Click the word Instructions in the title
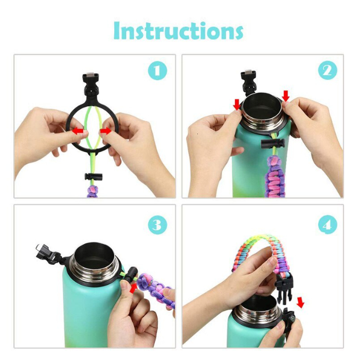click(178, 31)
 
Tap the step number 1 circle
click(157, 70)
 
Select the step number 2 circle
click(328, 70)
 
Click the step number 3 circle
click(157, 224)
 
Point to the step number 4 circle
click(328, 224)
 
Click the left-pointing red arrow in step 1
click(78, 131)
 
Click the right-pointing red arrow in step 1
click(105, 131)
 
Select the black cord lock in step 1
click(94, 177)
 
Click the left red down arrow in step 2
click(237, 104)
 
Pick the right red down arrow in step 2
click(286, 96)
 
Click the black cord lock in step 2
click(273, 143)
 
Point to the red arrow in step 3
click(133, 288)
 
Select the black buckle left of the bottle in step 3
click(49, 254)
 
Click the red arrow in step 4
click(300, 303)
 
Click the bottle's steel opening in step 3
click(96, 261)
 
